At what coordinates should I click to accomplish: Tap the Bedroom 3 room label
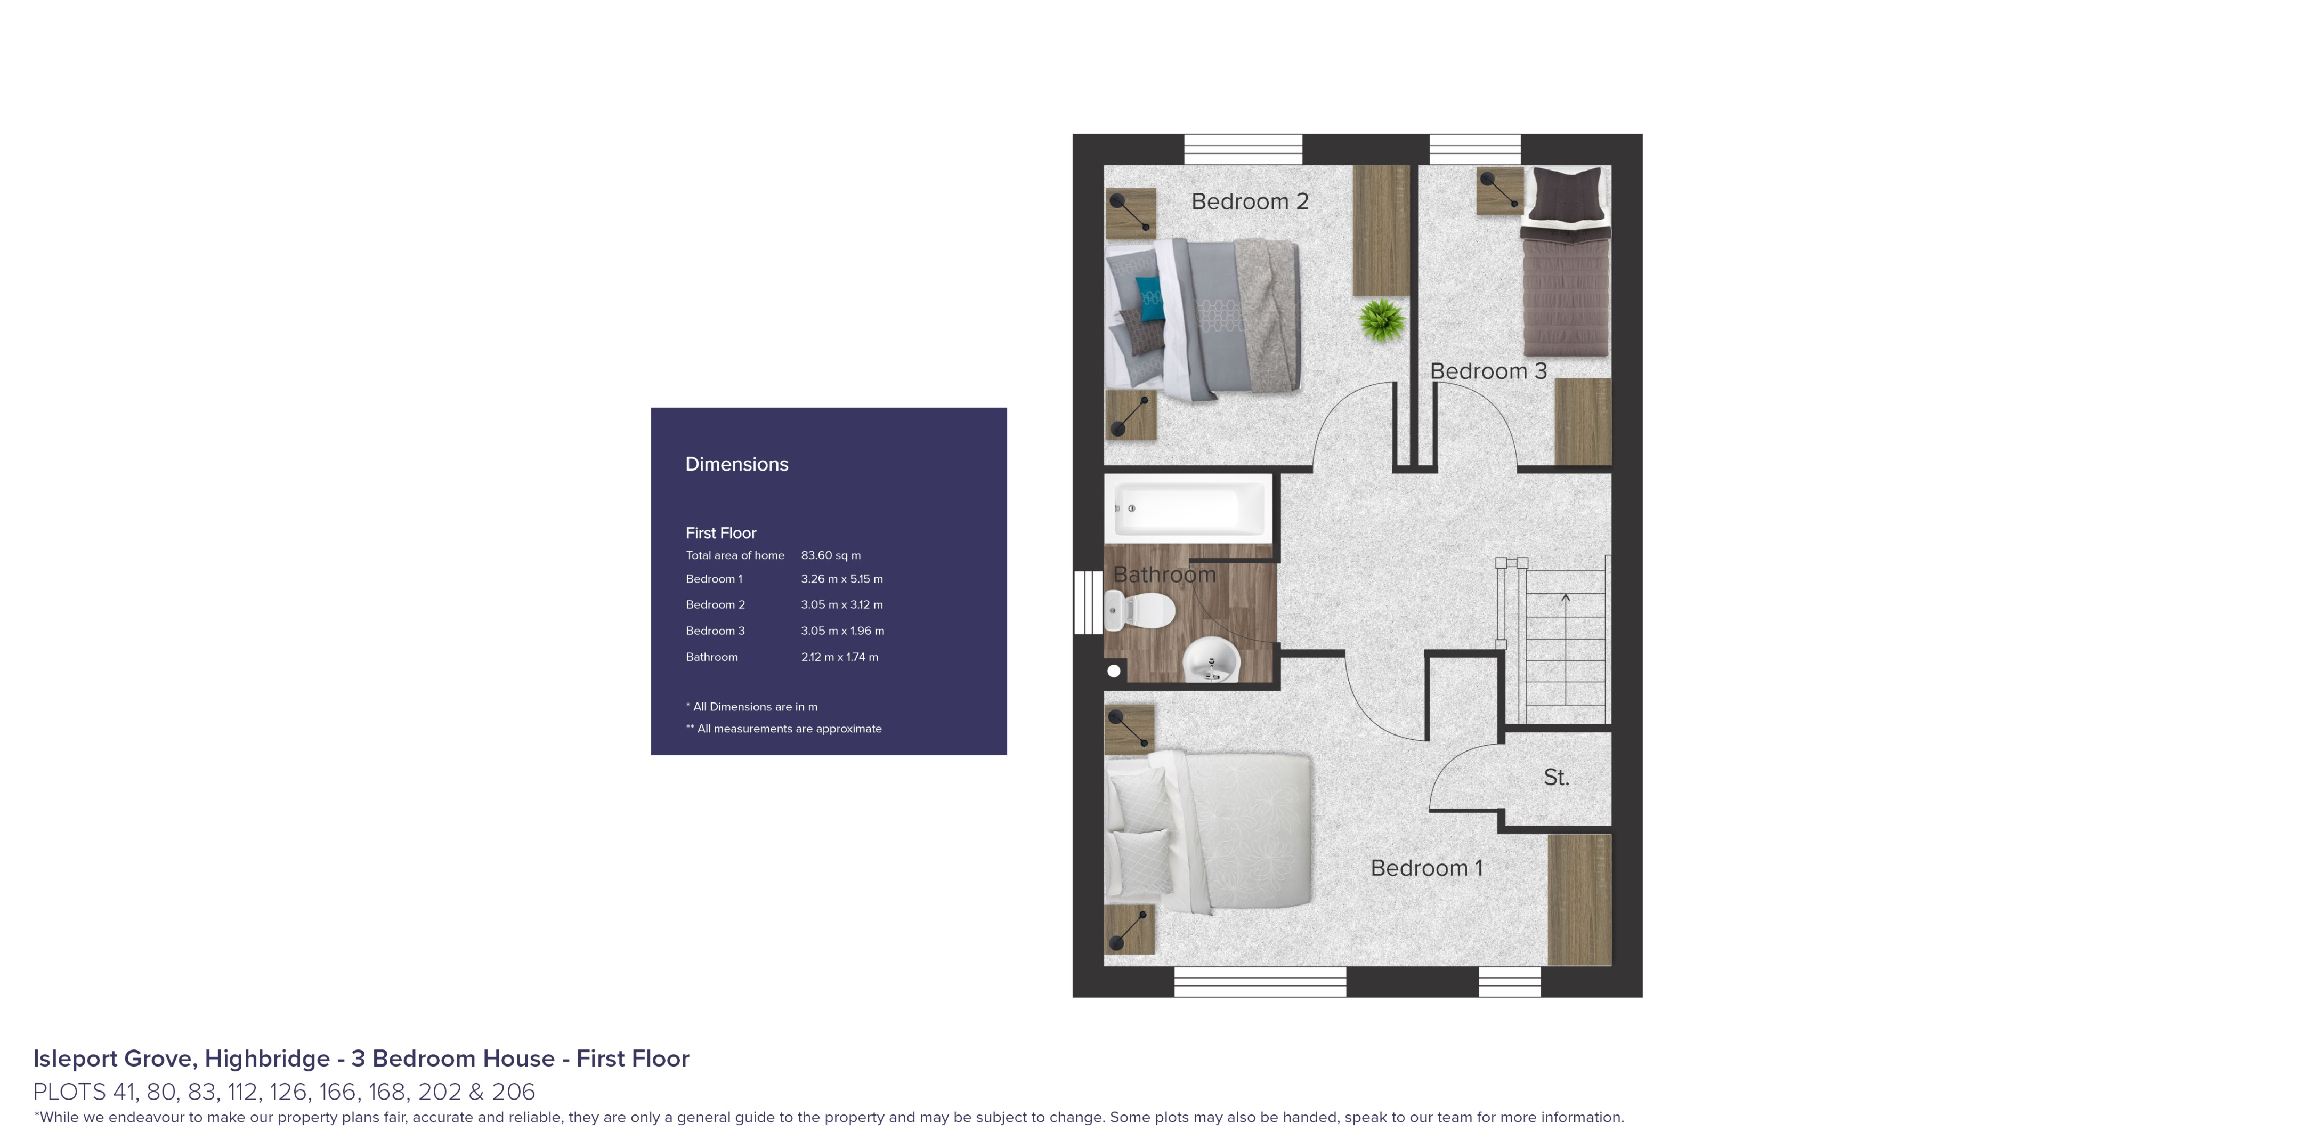1488,371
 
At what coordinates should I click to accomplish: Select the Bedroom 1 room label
1426,868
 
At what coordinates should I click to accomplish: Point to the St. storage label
1556,778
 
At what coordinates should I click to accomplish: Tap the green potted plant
1382,321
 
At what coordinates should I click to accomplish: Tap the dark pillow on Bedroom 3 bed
1566,193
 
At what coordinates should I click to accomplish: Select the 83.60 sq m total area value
830,555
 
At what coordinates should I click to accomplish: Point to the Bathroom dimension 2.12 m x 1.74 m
839,657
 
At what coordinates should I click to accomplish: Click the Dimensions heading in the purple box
736,464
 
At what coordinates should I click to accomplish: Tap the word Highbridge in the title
267,1059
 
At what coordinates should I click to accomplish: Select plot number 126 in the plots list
288,1092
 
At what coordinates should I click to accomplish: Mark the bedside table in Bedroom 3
1498,190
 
